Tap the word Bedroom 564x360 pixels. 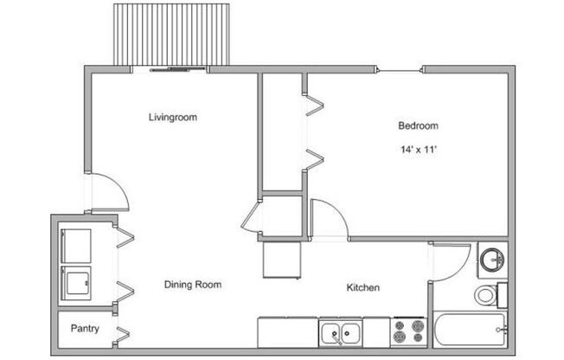coord(417,126)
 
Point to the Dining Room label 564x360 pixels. coord(193,284)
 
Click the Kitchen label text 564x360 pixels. coord(362,287)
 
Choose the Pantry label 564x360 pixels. coord(84,329)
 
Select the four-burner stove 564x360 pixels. coord(407,332)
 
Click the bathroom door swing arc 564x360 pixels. coord(451,260)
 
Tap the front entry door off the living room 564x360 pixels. coord(111,192)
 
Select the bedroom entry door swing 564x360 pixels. coord(330,218)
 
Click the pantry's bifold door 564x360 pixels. coord(124,332)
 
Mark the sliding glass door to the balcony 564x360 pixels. coord(177,68)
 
